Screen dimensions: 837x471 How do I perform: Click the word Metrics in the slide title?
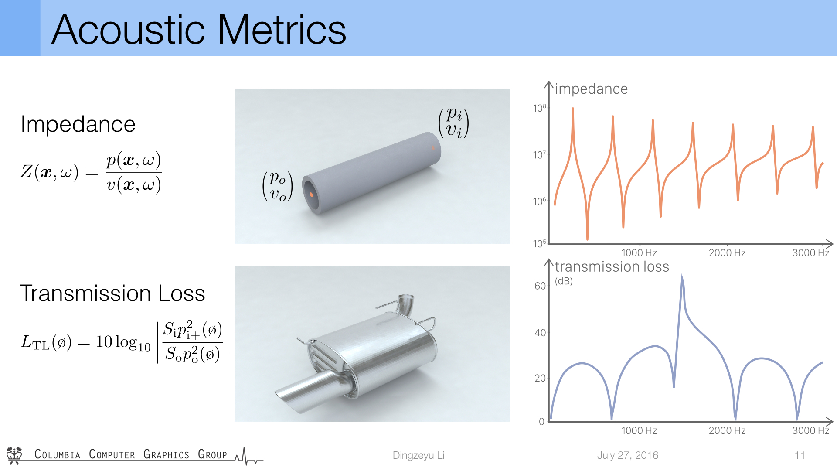pos(282,30)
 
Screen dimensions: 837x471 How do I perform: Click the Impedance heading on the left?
pos(78,124)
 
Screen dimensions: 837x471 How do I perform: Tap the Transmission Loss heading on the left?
pos(112,293)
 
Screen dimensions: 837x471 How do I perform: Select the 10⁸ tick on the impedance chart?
pos(540,108)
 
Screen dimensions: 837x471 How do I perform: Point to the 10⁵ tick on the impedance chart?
pos(540,243)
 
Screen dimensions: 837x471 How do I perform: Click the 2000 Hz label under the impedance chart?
pos(727,253)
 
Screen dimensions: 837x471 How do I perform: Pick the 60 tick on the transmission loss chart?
pos(540,286)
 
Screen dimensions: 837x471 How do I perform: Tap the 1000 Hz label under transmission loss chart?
pos(639,431)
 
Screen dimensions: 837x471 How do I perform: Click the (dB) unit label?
pos(564,281)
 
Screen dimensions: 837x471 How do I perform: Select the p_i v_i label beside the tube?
pos(454,123)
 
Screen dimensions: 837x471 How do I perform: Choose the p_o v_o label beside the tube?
pos(278,186)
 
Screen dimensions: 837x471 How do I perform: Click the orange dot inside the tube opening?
pos(311,195)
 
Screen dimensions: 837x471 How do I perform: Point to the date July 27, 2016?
pos(628,455)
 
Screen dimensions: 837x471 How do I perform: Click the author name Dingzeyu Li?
pos(418,455)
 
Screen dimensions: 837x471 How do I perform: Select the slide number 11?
pos(800,455)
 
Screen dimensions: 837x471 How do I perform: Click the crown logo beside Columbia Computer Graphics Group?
pos(14,455)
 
